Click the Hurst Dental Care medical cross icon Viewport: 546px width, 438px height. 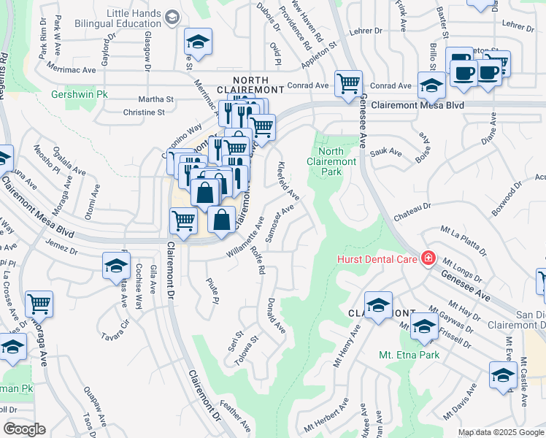(428, 259)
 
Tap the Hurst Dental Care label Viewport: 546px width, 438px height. (377, 259)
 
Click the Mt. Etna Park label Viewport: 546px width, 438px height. (409, 355)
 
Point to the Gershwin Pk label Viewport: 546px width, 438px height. (80, 95)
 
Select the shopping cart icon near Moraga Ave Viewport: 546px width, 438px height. (39, 303)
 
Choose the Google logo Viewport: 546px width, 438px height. (25, 429)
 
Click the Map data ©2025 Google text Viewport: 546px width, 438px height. (500, 432)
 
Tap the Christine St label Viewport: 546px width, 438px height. (144, 112)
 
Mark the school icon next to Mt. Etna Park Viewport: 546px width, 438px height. (423, 326)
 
